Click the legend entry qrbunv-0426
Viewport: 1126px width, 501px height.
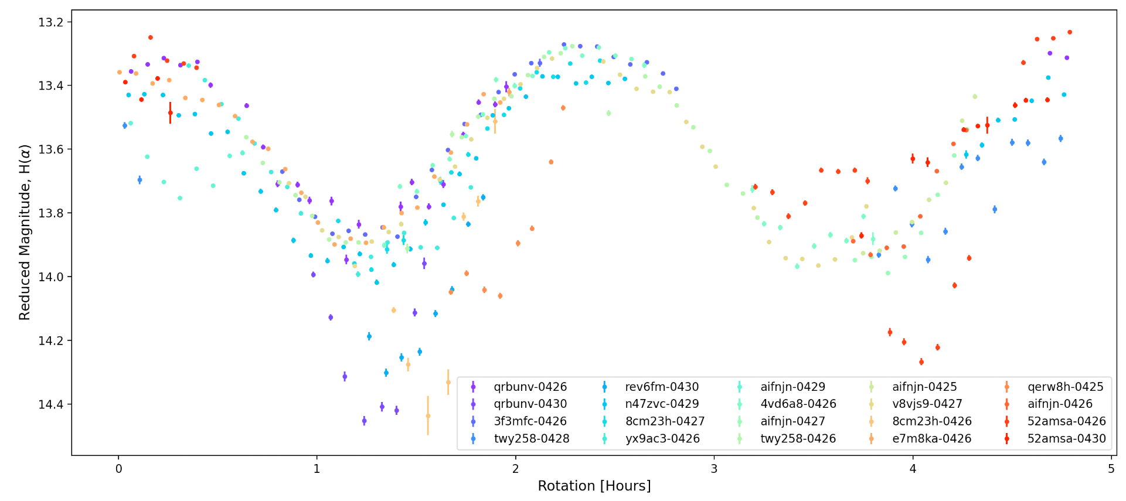pyautogui.click(x=530, y=387)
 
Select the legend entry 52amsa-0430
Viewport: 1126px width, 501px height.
pyautogui.click(x=1066, y=438)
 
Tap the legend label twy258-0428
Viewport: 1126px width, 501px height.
pyautogui.click(x=531, y=438)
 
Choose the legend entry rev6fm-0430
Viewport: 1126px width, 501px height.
pyautogui.click(x=662, y=387)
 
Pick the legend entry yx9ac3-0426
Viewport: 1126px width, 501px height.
pyautogui.click(x=662, y=438)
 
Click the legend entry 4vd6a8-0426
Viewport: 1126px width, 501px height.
pyautogui.click(x=798, y=404)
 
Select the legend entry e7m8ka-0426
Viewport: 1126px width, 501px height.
pyautogui.click(x=931, y=438)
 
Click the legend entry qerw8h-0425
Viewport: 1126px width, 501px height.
pyautogui.click(x=1065, y=387)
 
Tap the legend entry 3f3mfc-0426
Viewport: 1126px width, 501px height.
pyautogui.click(x=530, y=421)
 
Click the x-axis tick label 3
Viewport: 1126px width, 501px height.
pyautogui.click(x=714, y=469)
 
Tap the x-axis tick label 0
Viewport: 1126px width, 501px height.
pyautogui.click(x=118, y=469)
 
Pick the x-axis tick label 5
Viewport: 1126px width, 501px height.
pyautogui.click(x=1111, y=469)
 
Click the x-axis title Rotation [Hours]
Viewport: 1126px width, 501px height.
pyautogui.click(x=594, y=486)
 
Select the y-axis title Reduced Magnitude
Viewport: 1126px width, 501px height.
pyautogui.click(x=25, y=233)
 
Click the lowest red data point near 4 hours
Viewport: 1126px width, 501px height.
pyautogui.click(x=921, y=362)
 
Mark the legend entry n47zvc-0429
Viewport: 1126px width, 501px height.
pyautogui.click(x=662, y=404)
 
